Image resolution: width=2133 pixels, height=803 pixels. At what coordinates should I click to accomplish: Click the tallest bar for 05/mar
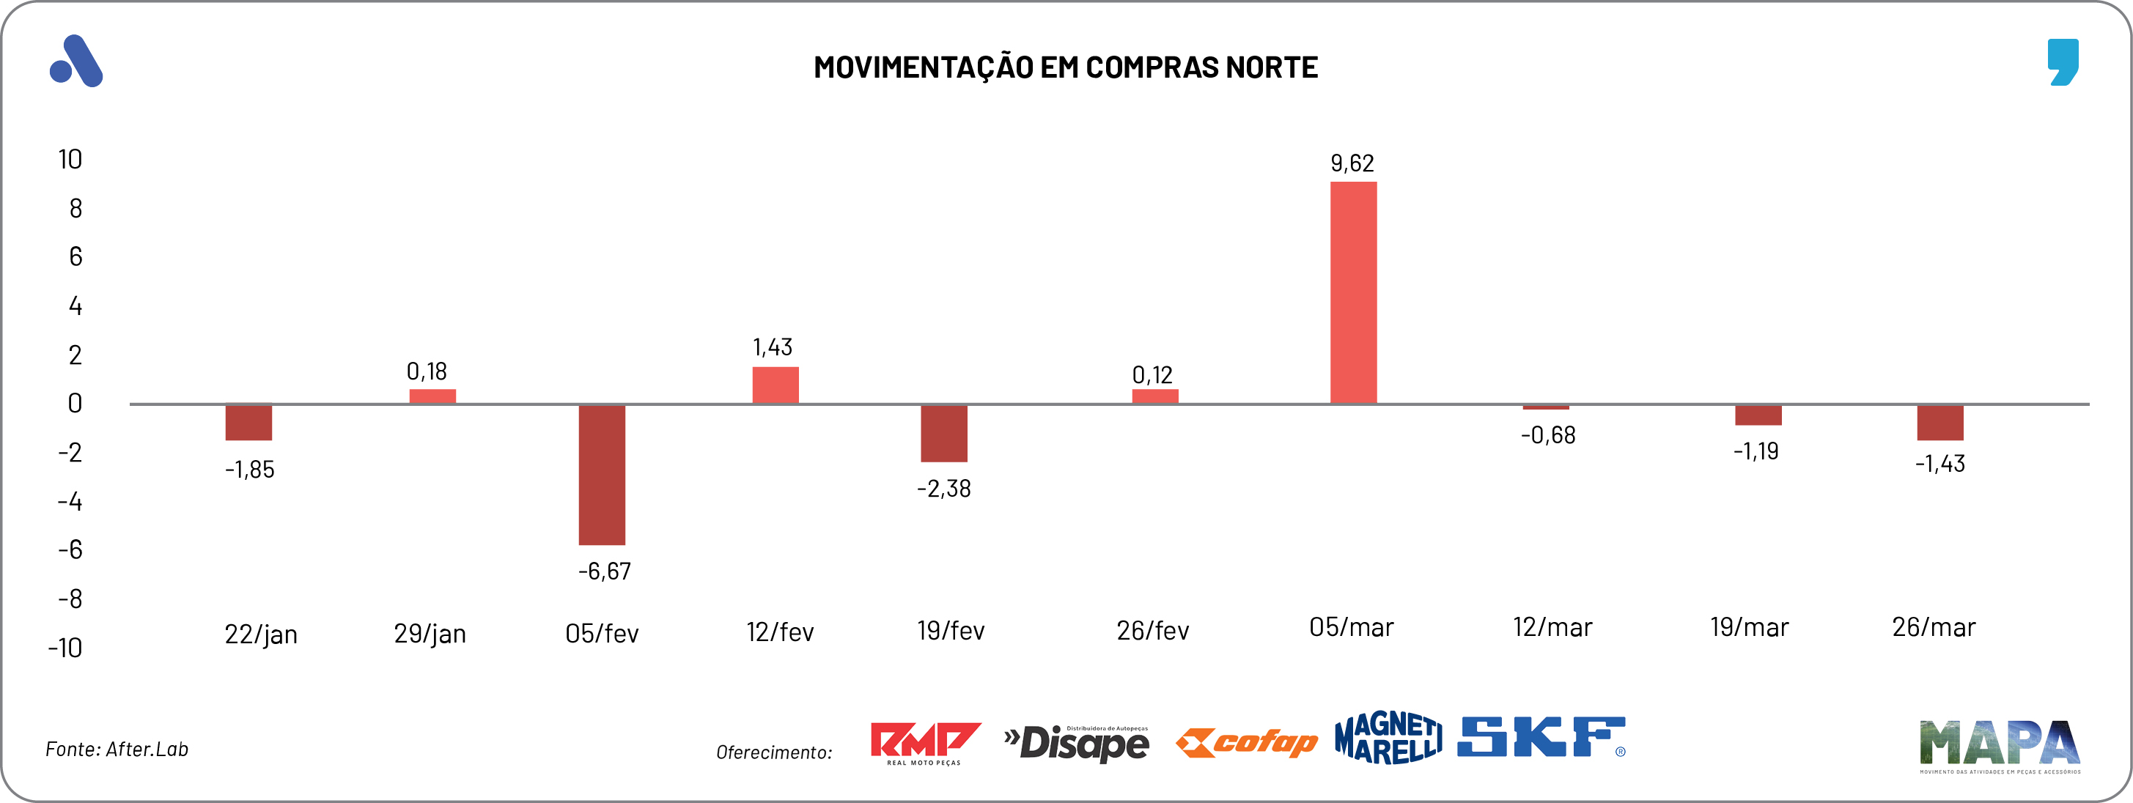click(1353, 292)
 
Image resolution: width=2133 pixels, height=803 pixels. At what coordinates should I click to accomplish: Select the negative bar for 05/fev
click(602, 474)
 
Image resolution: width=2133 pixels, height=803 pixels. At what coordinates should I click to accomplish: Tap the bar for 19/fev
click(944, 433)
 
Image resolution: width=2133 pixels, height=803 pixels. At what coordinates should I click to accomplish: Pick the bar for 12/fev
click(775, 385)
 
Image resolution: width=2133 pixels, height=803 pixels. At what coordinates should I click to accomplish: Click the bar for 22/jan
click(248, 422)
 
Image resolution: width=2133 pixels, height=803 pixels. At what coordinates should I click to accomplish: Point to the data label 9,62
click(1352, 163)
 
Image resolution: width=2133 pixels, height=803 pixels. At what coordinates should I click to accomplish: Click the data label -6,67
click(605, 571)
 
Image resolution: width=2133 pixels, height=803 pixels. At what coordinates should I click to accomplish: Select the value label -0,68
click(1547, 435)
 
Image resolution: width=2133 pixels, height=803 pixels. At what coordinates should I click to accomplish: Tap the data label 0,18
click(427, 371)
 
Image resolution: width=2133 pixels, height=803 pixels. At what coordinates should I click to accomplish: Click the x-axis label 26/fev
click(1152, 631)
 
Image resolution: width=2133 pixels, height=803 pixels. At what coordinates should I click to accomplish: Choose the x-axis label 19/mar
click(1749, 627)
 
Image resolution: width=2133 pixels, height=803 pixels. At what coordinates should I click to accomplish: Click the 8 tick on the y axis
click(75, 209)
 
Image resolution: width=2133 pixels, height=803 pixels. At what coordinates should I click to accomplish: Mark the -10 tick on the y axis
click(65, 648)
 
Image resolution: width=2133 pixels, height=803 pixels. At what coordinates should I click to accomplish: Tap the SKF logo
click(1541, 737)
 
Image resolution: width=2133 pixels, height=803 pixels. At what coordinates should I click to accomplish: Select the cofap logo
click(1246, 743)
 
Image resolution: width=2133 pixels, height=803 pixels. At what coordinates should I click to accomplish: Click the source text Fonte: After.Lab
click(117, 750)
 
